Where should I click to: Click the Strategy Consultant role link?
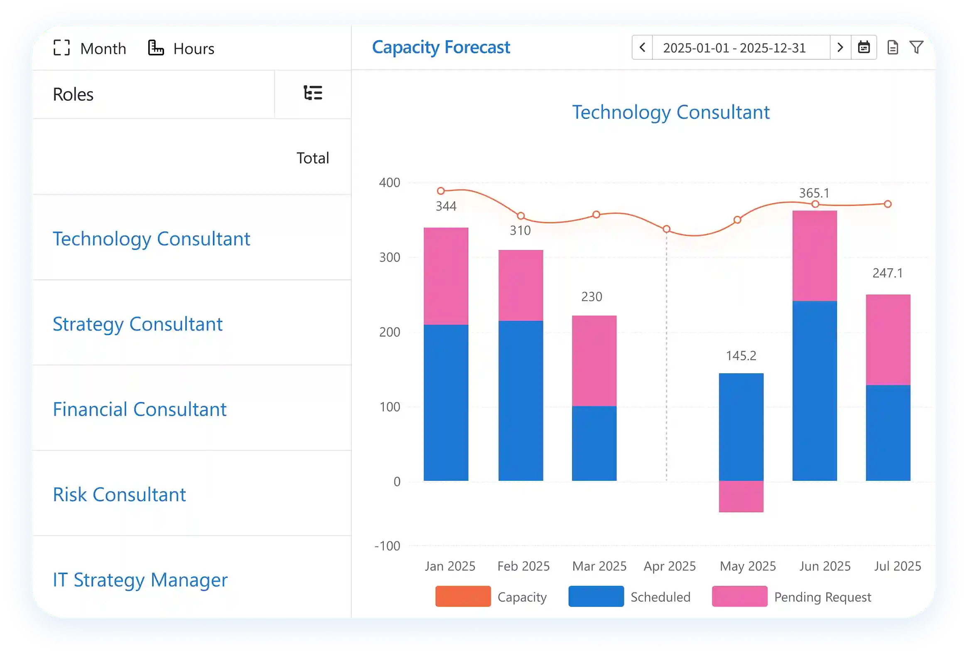click(x=137, y=324)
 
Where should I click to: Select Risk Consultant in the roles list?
click(x=119, y=494)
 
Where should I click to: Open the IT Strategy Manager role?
click(x=140, y=580)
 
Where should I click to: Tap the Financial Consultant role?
click(x=140, y=409)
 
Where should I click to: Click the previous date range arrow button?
click(x=642, y=47)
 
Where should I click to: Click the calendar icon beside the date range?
click(x=864, y=47)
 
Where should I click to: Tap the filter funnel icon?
click(x=916, y=47)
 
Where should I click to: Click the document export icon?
click(x=892, y=47)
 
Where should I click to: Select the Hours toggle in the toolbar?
click(x=182, y=48)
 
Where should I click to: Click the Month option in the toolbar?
click(x=90, y=48)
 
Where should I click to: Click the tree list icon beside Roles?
click(x=313, y=93)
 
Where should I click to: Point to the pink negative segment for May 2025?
click(x=741, y=496)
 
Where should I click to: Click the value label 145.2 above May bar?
click(x=741, y=356)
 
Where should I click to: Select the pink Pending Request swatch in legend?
click(x=739, y=597)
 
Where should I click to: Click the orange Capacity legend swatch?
click(x=463, y=597)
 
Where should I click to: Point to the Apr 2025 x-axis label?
click(x=670, y=566)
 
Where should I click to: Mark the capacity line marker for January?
click(x=441, y=191)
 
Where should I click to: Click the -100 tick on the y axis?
click(x=388, y=546)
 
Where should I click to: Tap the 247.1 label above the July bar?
click(x=888, y=273)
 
